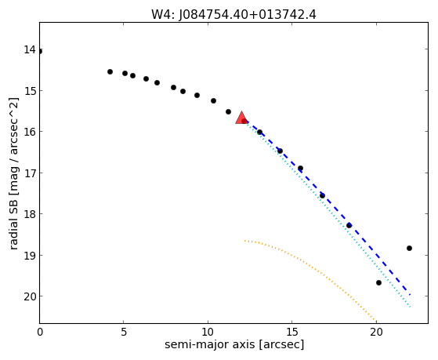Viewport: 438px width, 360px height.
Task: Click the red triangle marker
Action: (x=241, y=118)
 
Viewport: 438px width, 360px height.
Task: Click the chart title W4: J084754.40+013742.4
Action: (x=233, y=15)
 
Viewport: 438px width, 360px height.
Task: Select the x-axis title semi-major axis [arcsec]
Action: (x=234, y=344)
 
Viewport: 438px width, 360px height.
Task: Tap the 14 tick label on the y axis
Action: (x=30, y=49)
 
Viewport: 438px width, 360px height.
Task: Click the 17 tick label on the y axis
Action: (x=30, y=173)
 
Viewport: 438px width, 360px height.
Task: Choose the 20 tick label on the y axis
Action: (x=30, y=296)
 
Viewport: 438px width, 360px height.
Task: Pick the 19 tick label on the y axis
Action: (x=30, y=256)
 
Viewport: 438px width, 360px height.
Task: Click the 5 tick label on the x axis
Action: (x=124, y=332)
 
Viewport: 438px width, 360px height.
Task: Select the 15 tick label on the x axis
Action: (x=292, y=332)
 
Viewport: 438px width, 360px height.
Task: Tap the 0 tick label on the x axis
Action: (x=40, y=332)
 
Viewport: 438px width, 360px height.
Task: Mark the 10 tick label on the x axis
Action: (x=208, y=332)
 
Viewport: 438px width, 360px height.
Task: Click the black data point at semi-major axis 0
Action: (x=40, y=52)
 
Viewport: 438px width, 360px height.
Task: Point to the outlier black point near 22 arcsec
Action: (x=409, y=248)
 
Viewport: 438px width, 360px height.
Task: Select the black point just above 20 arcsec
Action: (x=378, y=283)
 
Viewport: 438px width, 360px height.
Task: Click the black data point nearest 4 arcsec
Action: (x=110, y=72)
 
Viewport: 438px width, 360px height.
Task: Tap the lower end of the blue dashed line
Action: (x=410, y=295)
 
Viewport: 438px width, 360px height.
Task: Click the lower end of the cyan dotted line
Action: (x=410, y=307)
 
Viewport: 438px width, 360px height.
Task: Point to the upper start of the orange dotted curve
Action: (x=244, y=240)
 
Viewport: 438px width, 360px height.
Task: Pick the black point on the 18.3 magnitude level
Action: (x=349, y=225)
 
